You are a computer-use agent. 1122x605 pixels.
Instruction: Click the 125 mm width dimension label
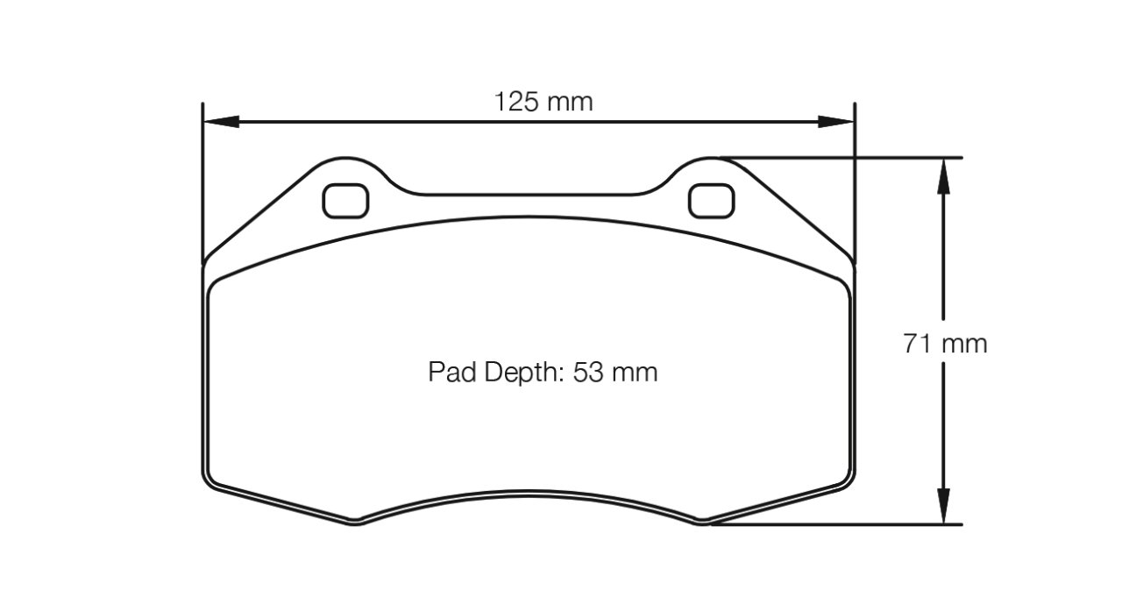(x=543, y=103)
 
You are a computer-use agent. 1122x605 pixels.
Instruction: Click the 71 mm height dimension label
(x=945, y=344)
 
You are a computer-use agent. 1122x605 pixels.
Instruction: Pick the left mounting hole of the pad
(x=345, y=201)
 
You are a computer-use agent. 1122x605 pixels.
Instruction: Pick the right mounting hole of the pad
(x=711, y=201)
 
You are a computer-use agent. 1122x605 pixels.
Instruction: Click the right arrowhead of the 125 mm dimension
(x=836, y=121)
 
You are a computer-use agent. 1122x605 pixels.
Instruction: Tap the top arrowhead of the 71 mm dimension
(x=943, y=175)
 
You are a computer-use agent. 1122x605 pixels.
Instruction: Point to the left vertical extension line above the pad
(x=202, y=175)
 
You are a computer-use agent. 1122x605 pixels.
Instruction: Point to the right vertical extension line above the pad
(x=855, y=175)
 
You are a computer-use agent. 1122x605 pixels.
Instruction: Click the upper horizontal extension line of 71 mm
(x=841, y=158)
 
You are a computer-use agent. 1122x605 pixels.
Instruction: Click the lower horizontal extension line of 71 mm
(x=841, y=524)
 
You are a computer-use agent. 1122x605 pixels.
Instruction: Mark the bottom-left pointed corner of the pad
(x=355, y=523)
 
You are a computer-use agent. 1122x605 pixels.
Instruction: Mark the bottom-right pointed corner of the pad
(x=703, y=523)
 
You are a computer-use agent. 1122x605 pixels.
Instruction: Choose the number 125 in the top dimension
(x=517, y=103)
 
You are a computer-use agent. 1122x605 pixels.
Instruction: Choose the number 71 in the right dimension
(x=917, y=344)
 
